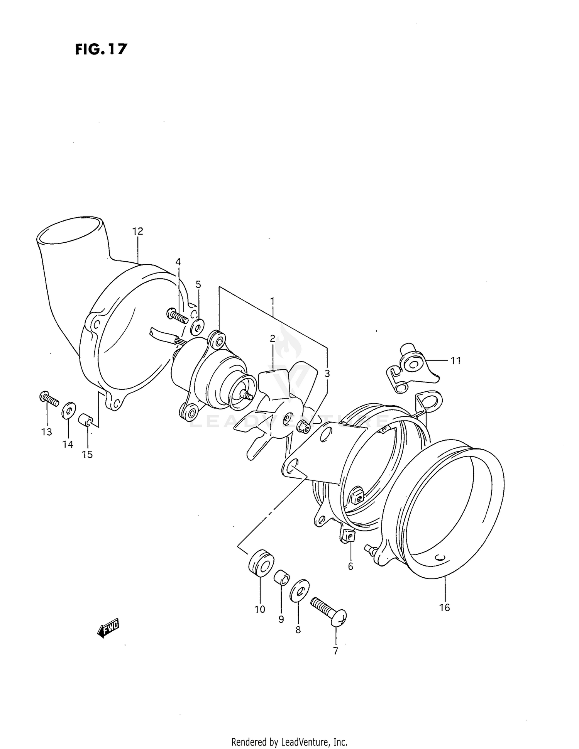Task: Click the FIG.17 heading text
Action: point(101,49)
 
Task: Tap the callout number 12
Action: point(137,231)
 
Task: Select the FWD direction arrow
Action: point(108,629)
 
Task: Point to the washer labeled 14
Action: point(69,410)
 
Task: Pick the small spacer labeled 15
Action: point(85,420)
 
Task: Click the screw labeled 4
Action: point(178,316)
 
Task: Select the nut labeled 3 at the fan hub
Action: point(304,427)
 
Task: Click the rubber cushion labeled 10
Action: point(261,563)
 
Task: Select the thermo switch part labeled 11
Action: point(411,365)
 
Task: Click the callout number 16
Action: point(444,607)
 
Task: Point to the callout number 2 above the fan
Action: point(273,338)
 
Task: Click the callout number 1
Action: point(272,300)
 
